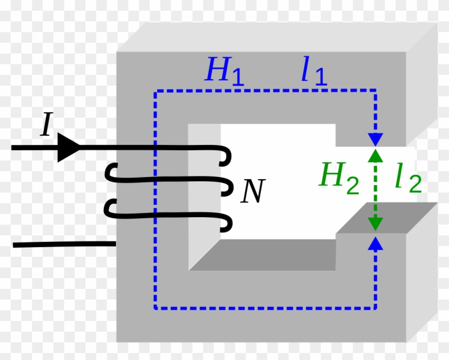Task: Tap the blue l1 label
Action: tap(313, 72)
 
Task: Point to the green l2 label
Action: tap(408, 180)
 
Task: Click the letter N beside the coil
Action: tap(252, 192)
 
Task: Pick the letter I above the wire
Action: tap(47, 126)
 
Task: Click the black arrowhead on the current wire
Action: tap(68, 147)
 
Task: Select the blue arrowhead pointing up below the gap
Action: tap(376, 243)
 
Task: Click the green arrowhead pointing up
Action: tap(376, 156)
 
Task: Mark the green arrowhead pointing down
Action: tap(376, 224)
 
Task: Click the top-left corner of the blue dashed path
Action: tap(155, 91)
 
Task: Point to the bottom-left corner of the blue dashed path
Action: tap(155, 309)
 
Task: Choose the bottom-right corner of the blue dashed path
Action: tap(376, 309)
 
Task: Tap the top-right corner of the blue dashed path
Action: tap(376, 91)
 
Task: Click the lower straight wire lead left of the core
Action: tap(64, 245)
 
